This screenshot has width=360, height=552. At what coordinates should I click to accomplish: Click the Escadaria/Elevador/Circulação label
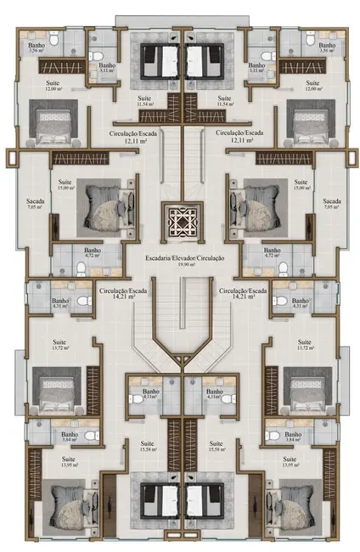[x=179, y=260]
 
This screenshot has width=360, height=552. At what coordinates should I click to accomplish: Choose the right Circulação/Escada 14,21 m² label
[x=242, y=294]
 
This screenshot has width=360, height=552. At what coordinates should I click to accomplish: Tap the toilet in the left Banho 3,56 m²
[x=52, y=39]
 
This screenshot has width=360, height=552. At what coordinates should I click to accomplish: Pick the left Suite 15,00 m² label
[x=65, y=184]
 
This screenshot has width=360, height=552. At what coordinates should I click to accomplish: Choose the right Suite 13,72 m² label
[x=304, y=346]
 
